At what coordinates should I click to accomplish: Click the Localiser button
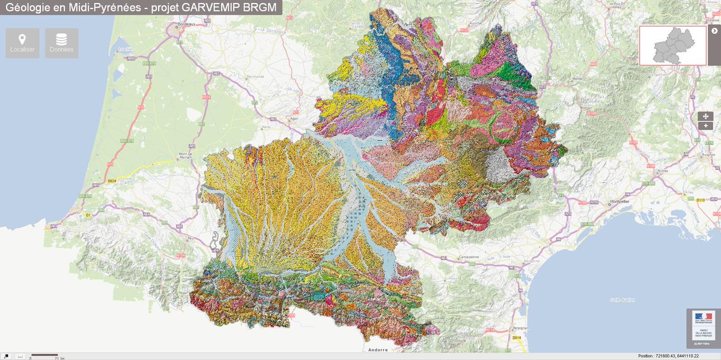tap(22, 43)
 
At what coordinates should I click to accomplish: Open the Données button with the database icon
tap(61, 43)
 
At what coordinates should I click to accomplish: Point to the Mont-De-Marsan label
tap(184, 156)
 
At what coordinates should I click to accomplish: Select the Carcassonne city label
tap(466, 257)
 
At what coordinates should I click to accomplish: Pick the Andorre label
tap(377, 349)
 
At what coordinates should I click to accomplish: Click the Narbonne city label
tap(532, 261)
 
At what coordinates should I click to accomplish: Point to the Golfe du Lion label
tap(622, 300)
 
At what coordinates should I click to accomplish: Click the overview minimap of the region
tap(672, 45)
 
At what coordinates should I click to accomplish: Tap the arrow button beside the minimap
tap(714, 31)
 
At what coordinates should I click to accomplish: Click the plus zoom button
tap(705, 126)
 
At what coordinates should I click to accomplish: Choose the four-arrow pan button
tap(705, 115)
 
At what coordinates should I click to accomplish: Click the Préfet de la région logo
tap(703, 328)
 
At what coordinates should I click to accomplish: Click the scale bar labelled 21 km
tap(44, 356)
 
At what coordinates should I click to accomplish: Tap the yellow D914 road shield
tap(516, 338)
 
